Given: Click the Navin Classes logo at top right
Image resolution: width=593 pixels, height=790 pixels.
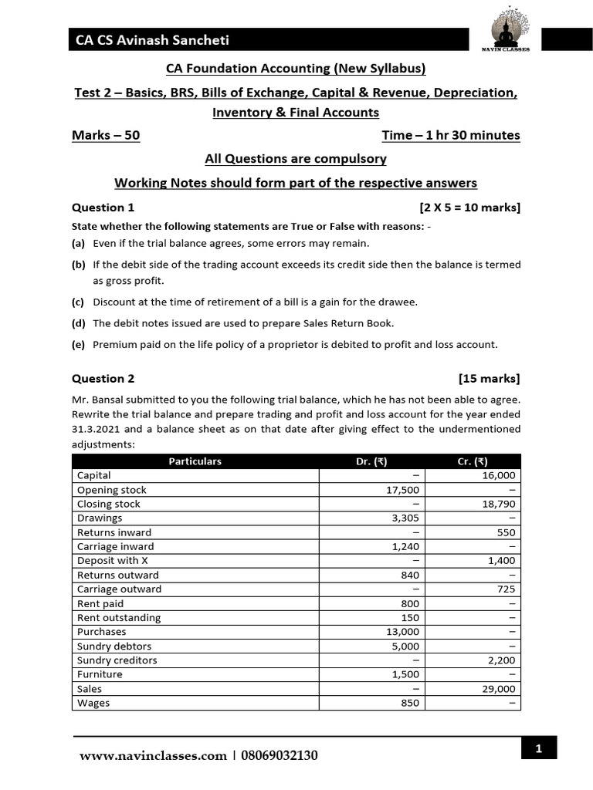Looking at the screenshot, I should tap(509, 30).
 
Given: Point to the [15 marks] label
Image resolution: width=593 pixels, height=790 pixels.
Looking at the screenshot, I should tap(489, 379).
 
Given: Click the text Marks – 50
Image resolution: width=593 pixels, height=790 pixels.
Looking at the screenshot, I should tap(106, 136).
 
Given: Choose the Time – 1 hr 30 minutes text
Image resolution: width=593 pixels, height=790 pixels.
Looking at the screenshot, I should tap(451, 136).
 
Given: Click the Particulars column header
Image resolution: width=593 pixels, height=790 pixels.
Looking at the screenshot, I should tap(195, 461).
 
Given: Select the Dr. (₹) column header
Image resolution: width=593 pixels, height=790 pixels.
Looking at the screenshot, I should tap(370, 461).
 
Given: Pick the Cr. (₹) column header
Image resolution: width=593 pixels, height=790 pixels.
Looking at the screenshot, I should tap(472, 461).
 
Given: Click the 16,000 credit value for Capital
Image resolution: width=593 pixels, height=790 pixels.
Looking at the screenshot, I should tap(501, 476).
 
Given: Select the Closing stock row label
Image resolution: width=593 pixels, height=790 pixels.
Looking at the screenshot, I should tap(109, 505).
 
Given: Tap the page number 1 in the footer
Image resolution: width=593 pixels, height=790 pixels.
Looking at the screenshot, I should tap(537, 748).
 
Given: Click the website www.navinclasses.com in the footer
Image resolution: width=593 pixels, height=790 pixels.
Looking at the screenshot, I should tap(153, 756).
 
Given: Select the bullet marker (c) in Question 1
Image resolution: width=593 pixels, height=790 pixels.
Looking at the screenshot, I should tap(78, 302).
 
